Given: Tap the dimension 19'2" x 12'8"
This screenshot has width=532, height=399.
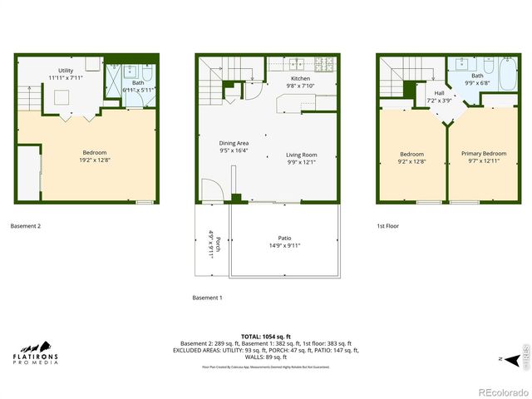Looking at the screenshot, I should (94, 160).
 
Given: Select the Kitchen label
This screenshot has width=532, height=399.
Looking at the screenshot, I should (277, 78).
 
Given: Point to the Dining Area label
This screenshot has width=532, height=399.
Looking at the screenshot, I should (234, 143).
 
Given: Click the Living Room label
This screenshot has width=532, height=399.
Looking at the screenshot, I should (302, 155).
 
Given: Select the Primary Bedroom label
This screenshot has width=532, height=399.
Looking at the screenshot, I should (483, 154).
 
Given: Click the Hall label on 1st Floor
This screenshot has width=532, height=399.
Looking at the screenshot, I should (438, 93).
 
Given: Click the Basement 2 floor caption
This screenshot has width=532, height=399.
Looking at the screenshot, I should (25, 225).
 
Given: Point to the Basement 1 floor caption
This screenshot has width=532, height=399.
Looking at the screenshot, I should (208, 298).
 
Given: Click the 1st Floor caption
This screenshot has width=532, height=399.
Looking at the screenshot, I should (387, 225).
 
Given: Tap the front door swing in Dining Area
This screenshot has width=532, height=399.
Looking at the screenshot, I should (209, 190).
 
